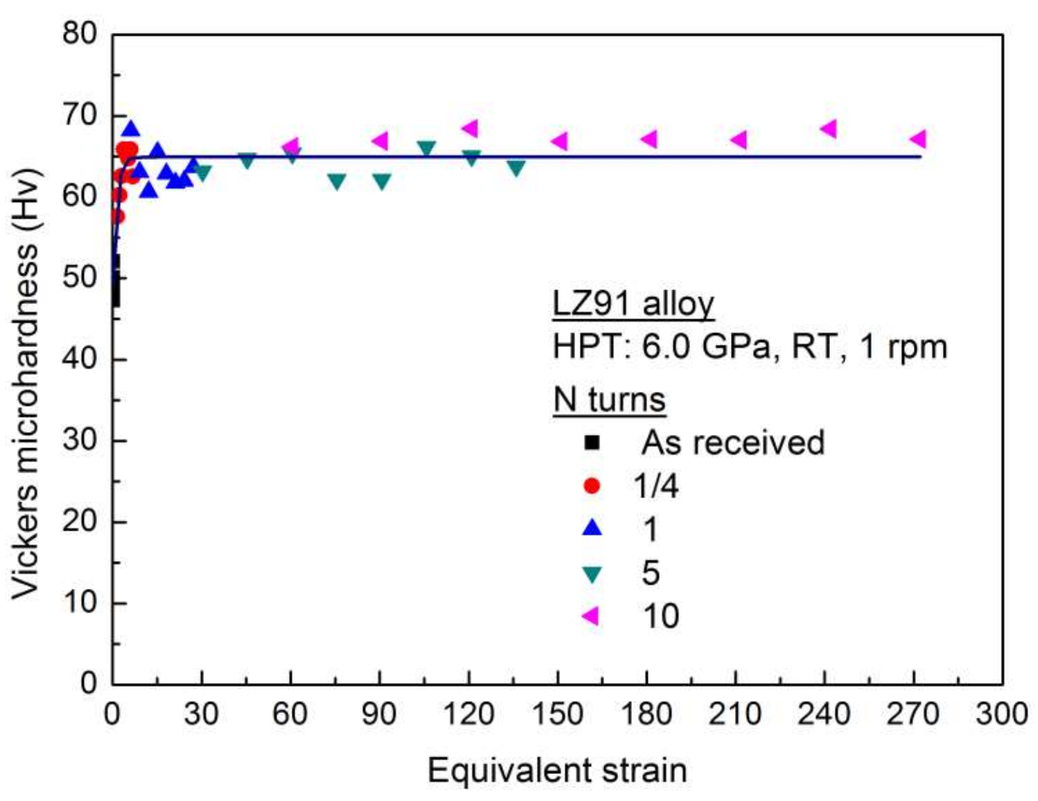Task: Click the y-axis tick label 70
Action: pos(80,116)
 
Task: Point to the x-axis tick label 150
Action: pos(557,714)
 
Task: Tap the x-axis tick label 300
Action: pos(1001,714)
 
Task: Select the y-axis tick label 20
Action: pos(80,522)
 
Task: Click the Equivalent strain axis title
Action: pos(557,771)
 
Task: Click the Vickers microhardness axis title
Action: pos(26,383)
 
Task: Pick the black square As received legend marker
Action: pos(592,442)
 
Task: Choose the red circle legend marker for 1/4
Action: pos(592,486)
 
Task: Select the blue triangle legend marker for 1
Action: pos(592,527)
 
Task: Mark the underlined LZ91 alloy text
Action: pos(633,304)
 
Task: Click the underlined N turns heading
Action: pos(609,400)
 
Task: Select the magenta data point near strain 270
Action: pos(918,139)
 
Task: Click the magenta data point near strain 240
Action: pos(829,129)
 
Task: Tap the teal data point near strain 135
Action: pos(516,168)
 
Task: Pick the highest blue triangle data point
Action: pos(131,129)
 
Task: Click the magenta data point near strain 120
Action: pos(470,128)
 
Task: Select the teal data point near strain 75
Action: pos(337,181)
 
